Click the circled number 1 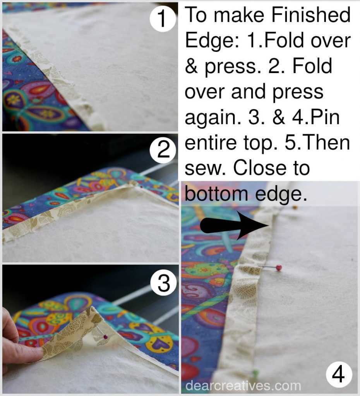[x=162, y=19]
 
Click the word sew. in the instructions [x=205, y=168]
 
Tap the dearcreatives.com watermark [x=243, y=386]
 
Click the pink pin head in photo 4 [x=279, y=267]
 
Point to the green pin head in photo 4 [x=255, y=372]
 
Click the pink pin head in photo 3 [x=106, y=337]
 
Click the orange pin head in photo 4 [x=295, y=208]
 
